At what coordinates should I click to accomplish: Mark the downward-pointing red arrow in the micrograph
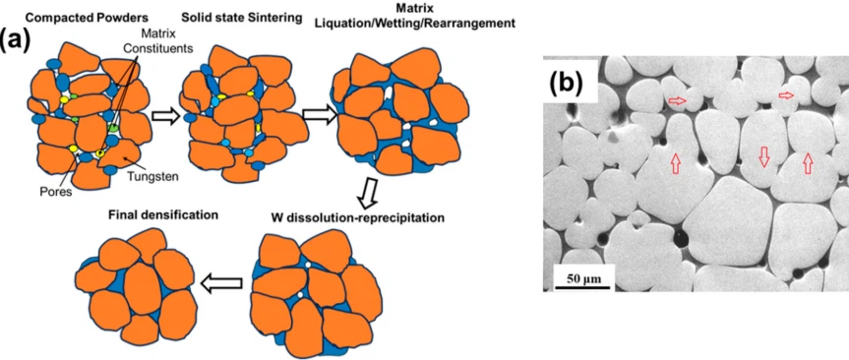pos(763,155)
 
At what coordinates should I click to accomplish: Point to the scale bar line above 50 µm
pos(582,267)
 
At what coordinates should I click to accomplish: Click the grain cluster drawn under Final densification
pos(134,284)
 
